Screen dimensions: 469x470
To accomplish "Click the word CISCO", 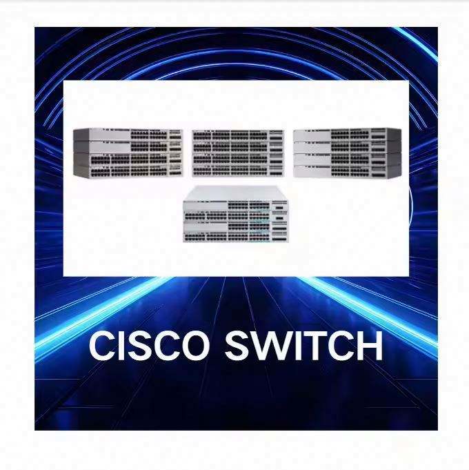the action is click(149, 346).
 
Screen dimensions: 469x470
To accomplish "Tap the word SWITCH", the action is click(304, 346).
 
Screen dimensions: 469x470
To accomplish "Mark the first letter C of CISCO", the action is click(102, 346).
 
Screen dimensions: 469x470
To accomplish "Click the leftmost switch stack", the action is click(128, 153).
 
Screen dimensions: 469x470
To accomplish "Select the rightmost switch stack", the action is click(348, 153).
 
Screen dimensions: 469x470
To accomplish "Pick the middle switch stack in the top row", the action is click(238, 153).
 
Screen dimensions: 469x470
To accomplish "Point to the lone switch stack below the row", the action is click(236, 214).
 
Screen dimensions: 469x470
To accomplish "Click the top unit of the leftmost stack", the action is click(128, 135).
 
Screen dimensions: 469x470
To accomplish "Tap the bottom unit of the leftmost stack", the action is click(128, 171).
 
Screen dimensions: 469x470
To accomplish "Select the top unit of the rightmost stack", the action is click(348, 135).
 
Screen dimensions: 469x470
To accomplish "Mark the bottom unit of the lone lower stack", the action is click(236, 237).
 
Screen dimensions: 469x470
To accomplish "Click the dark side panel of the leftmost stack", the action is click(81, 153).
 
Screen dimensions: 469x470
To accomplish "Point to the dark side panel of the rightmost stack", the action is click(394, 153).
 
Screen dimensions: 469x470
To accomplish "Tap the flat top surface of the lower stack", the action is click(236, 193).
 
